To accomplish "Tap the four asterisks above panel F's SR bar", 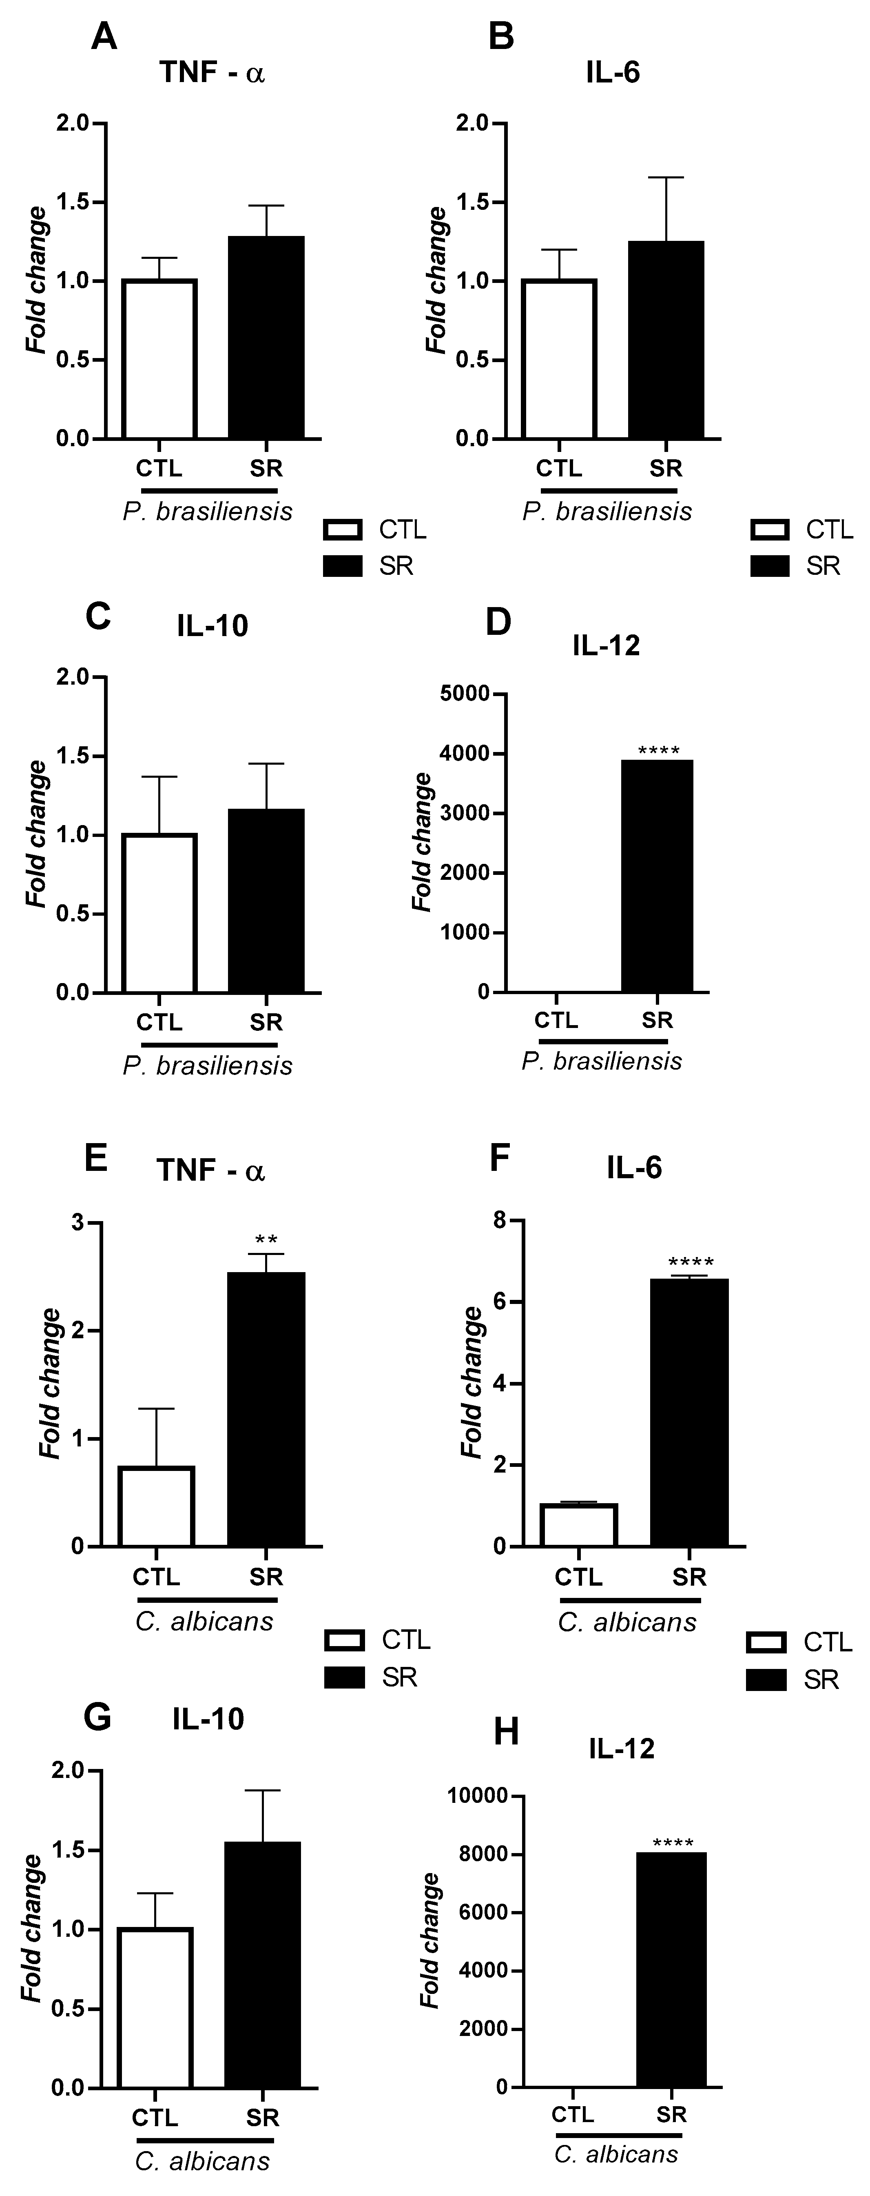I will point(690,1263).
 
